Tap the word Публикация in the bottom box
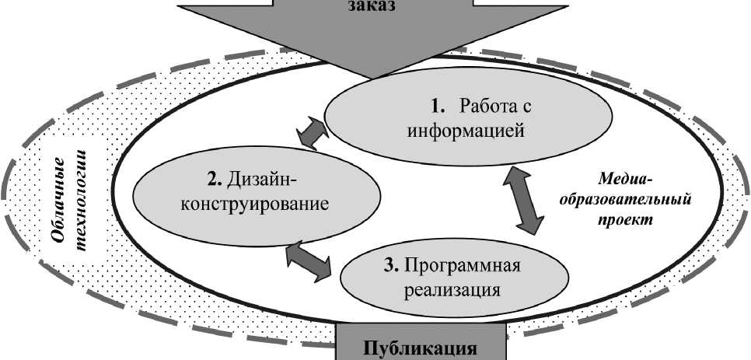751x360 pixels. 420,347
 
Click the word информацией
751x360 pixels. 466,130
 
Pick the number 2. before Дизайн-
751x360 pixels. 215,181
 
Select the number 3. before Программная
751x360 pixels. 391,266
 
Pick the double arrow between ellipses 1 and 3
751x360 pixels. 523,199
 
